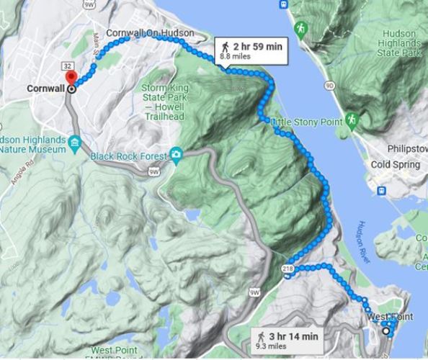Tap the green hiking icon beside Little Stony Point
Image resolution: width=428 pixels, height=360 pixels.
click(x=352, y=119)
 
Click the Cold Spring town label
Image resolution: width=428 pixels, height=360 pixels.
click(x=395, y=165)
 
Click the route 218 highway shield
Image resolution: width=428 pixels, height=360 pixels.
click(x=288, y=268)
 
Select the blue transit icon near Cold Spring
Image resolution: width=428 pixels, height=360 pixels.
click(x=382, y=192)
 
